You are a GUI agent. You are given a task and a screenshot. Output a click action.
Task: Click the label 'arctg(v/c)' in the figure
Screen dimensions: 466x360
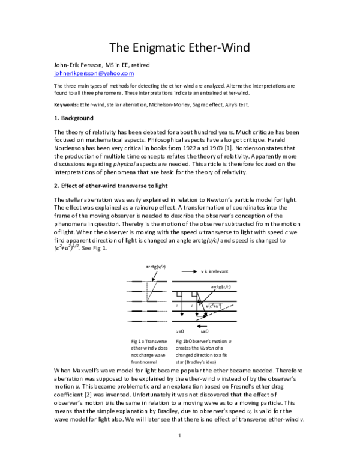pyautogui.click(x=157, y=266)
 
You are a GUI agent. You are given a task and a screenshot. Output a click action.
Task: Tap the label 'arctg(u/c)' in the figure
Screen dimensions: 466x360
pyautogui.click(x=221, y=286)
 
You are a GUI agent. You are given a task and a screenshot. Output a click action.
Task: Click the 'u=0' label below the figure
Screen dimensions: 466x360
pyautogui.click(x=179, y=331)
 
